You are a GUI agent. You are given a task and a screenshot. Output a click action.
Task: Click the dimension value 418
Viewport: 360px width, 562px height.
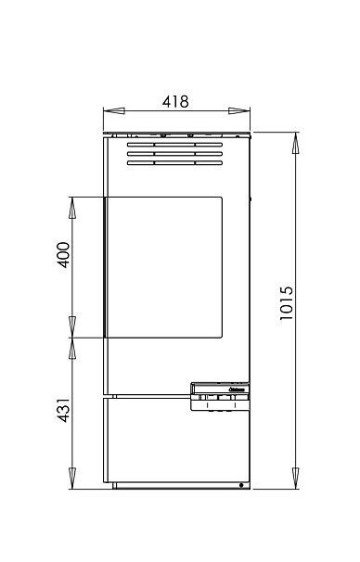(x=175, y=102)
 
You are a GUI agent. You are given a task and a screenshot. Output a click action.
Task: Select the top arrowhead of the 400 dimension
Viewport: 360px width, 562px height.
(x=73, y=206)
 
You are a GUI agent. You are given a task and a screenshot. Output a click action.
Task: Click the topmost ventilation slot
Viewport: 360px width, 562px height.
(x=175, y=146)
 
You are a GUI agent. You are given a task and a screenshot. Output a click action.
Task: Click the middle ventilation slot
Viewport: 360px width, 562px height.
(x=175, y=155)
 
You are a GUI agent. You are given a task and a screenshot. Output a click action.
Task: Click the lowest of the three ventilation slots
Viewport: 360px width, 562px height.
(x=175, y=164)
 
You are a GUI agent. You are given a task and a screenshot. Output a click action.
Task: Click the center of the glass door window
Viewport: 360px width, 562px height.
(x=163, y=267)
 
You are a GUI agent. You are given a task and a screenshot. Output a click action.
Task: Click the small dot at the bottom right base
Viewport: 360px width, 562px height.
(x=241, y=485)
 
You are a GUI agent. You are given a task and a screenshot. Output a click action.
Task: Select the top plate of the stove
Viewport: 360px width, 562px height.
(x=176, y=134)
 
